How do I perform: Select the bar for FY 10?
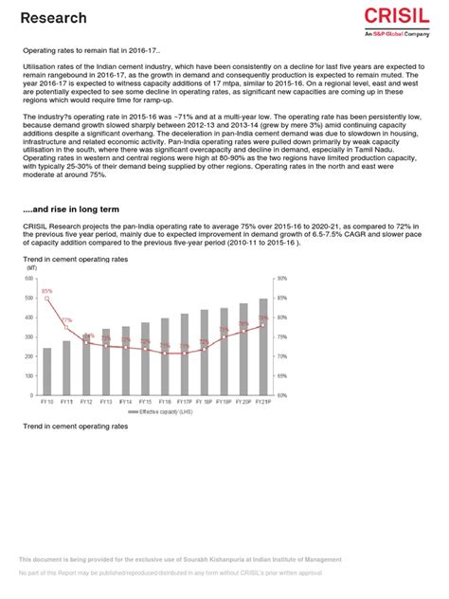click(x=47, y=371)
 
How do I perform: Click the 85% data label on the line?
click(x=46, y=291)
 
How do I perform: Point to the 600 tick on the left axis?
click(x=30, y=279)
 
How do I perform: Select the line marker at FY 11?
click(x=66, y=327)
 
